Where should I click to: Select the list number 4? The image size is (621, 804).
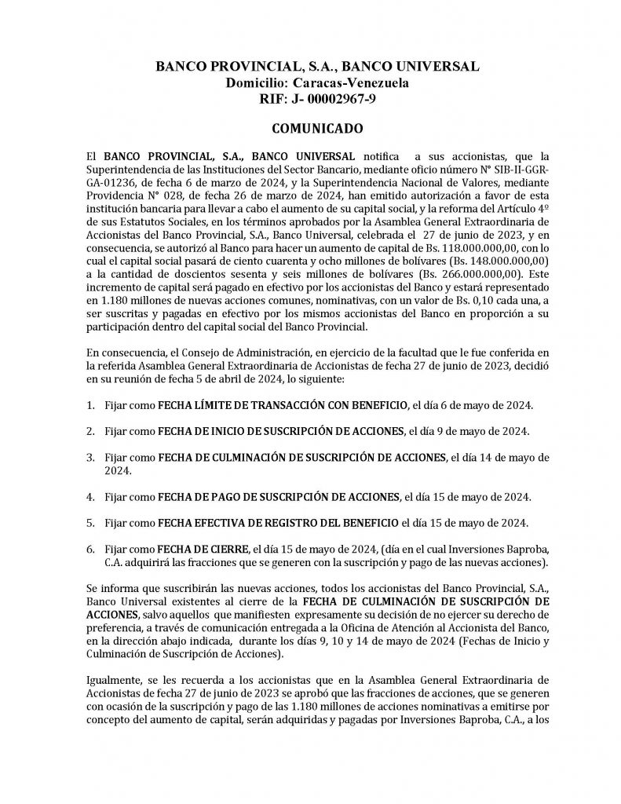tap(91, 497)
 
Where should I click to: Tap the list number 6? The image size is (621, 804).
tap(91, 549)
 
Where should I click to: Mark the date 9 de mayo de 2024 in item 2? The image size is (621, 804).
tap(482, 431)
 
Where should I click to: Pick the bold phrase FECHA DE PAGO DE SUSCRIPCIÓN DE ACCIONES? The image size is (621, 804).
tap(278, 497)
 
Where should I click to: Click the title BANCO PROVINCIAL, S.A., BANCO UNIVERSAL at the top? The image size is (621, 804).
tap(317, 67)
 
